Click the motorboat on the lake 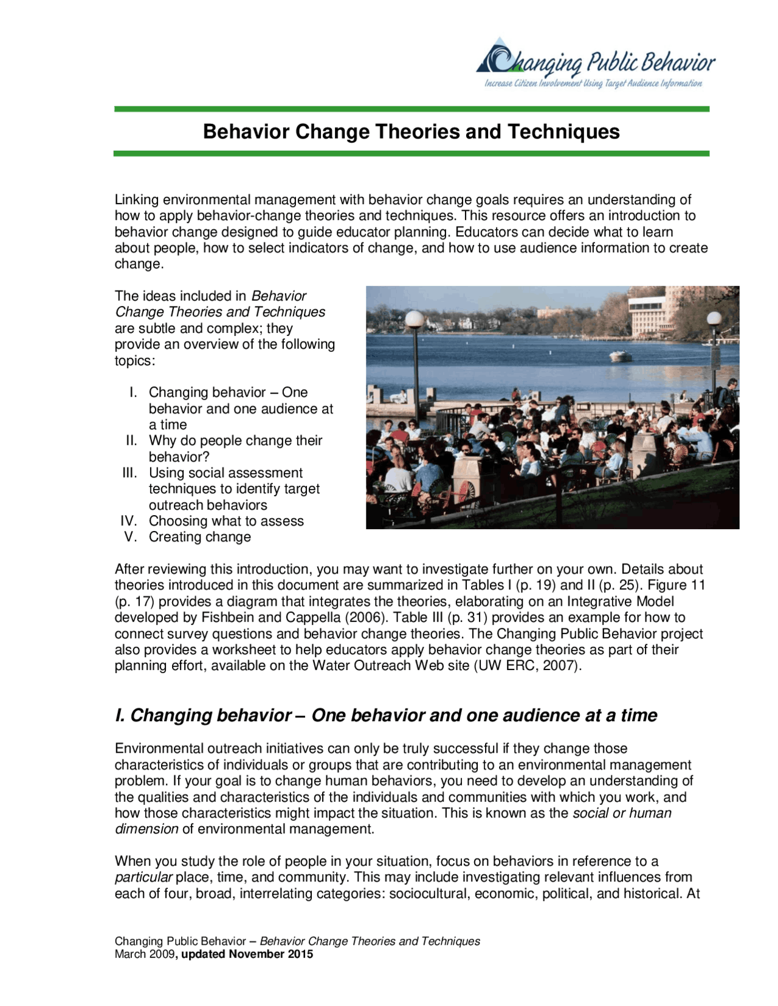(621, 356)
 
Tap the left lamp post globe (414, 318)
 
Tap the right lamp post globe (714, 318)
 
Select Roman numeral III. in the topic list (129, 473)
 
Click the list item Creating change (199, 537)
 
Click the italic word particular (143, 878)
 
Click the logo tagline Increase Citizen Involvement (532, 84)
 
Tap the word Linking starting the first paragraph (137, 200)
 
